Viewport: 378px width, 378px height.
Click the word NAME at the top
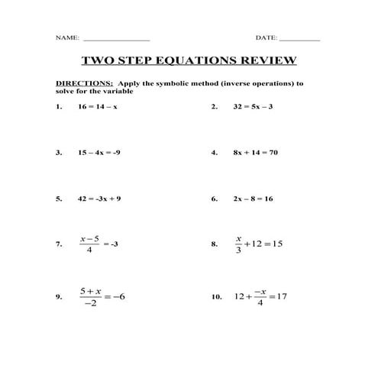pyautogui.click(x=66, y=37)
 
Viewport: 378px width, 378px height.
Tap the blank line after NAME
pyautogui.click(x=115, y=39)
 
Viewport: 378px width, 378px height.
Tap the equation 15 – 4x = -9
pyautogui.click(x=99, y=153)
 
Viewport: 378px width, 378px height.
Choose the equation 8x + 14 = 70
pyautogui.click(x=255, y=153)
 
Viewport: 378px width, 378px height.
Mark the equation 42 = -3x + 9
pyautogui.click(x=99, y=199)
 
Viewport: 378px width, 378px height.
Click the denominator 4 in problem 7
pyautogui.click(x=90, y=250)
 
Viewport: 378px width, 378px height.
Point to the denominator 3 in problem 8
pyautogui.click(x=238, y=250)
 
